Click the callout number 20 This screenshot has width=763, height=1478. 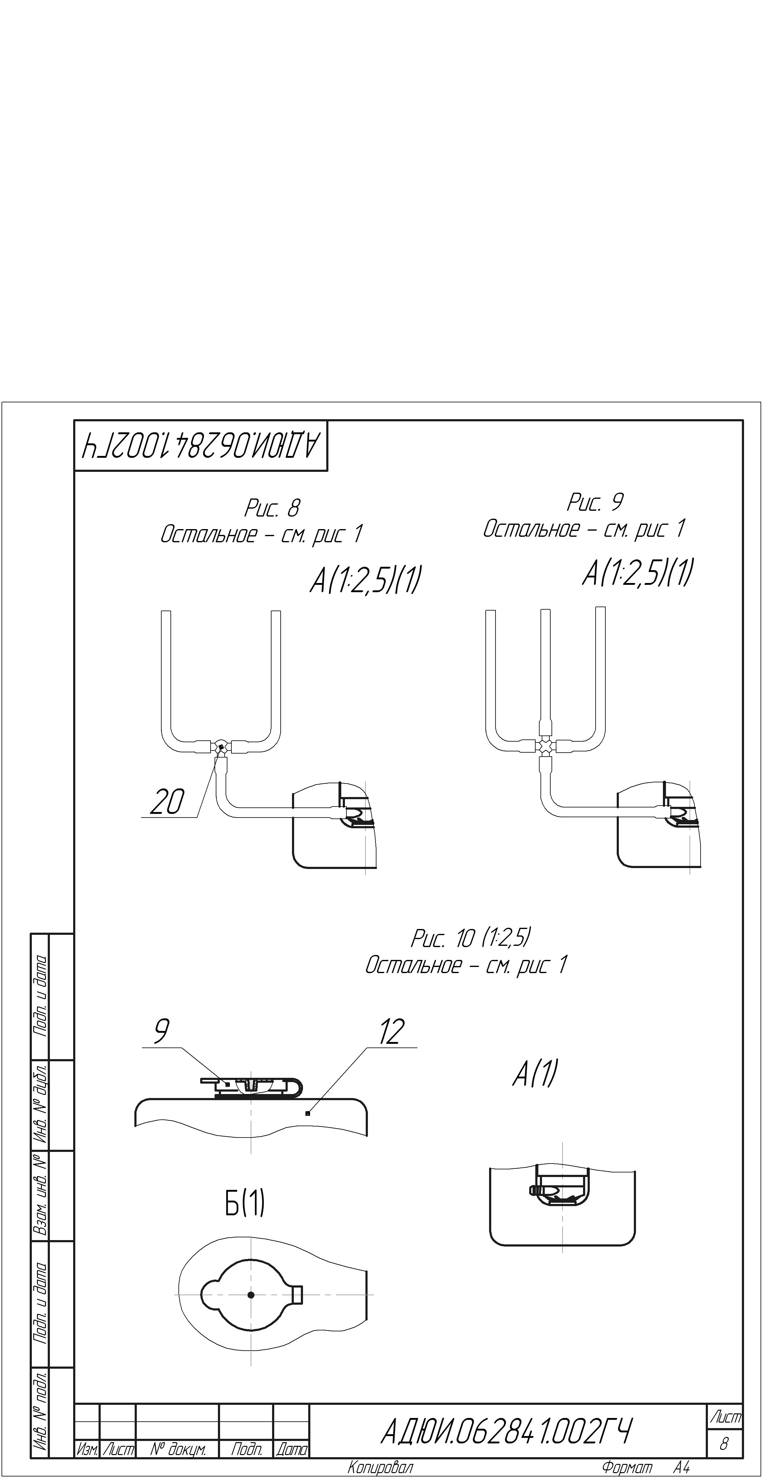click(x=167, y=802)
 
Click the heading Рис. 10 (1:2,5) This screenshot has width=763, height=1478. click(x=470, y=938)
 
